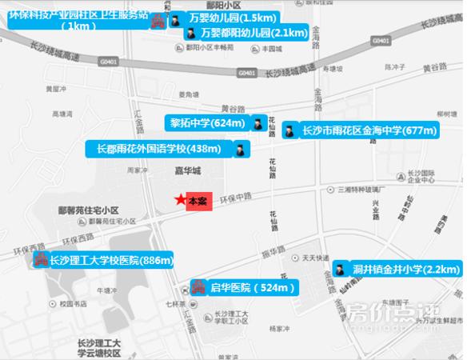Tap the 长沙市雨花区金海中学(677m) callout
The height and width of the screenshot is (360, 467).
point(369,130)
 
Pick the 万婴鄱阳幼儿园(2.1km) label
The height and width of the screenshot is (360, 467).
point(253,33)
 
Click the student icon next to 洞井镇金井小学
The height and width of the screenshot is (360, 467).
point(339,270)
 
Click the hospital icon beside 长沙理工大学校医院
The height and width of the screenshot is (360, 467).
point(38,260)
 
